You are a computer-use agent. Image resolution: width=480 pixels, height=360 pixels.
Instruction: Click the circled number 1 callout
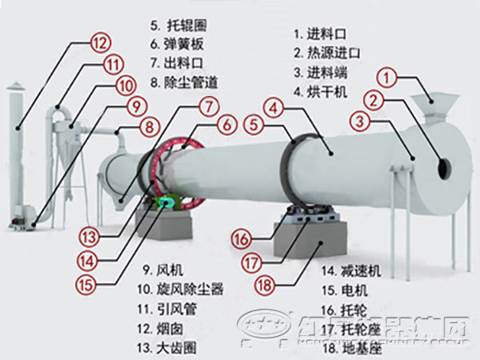coord(388,78)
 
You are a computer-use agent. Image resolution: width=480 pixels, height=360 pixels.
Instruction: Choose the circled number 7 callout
coord(209,106)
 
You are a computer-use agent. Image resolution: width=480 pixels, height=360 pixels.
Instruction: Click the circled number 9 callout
coord(137,105)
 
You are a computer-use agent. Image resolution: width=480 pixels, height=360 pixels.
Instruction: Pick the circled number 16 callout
coord(242,238)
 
